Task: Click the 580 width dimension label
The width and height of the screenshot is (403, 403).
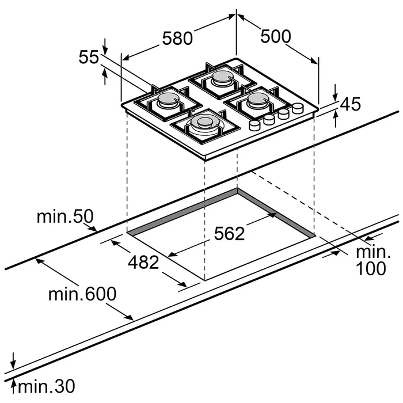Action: [177, 39]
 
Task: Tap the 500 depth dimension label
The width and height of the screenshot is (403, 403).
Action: [276, 36]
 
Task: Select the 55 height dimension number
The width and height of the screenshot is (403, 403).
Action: [89, 57]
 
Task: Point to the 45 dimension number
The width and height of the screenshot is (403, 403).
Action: [351, 104]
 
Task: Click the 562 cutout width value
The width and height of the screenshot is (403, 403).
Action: [229, 234]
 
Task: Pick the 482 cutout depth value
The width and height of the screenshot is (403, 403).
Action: [143, 263]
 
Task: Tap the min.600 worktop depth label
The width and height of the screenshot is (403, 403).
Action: [82, 294]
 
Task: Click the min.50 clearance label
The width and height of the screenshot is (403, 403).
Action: [65, 216]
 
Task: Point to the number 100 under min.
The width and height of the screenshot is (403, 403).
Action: [371, 268]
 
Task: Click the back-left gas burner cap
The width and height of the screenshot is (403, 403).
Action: [166, 99]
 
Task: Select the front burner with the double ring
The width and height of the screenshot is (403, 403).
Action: [204, 123]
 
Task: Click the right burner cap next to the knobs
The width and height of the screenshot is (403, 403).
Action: [257, 98]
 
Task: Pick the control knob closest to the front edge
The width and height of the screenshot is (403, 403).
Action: [254, 125]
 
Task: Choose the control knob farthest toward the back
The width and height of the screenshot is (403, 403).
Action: [298, 108]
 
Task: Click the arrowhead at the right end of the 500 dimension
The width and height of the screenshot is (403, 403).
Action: [314, 60]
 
